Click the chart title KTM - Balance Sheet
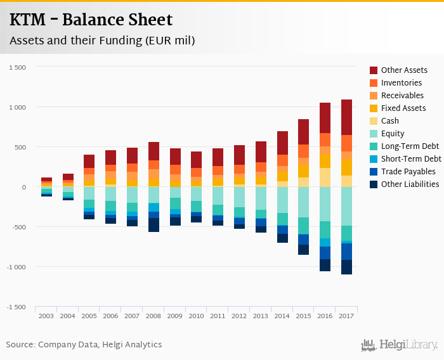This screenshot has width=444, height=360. (x=91, y=20)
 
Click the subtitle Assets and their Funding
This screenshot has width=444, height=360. (x=101, y=41)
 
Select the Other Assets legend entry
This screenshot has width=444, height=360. (x=404, y=70)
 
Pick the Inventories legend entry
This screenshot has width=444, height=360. (x=401, y=83)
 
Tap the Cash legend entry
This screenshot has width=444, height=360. (x=390, y=121)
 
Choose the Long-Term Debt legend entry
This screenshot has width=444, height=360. (x=409, y=146)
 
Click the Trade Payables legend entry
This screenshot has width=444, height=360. (x=408, y=172)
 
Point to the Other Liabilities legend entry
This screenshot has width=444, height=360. (x=410, y=184)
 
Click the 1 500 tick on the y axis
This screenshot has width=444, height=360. (x=18, y=67)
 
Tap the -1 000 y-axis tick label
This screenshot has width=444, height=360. (x=16, y=267)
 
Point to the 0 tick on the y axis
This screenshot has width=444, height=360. (x=23, y=187)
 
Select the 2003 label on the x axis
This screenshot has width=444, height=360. (x=46, y=315)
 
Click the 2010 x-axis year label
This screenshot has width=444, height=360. (x=196, y=315)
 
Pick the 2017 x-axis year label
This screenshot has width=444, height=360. (x=346, y=315)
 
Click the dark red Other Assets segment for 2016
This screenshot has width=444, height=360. (x=325, y=118)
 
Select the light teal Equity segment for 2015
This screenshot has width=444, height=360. (x=303, y=202)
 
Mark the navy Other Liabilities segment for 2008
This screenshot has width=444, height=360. (x=153, y=225)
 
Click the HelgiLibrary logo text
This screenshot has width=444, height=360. (x=408, y=345)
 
